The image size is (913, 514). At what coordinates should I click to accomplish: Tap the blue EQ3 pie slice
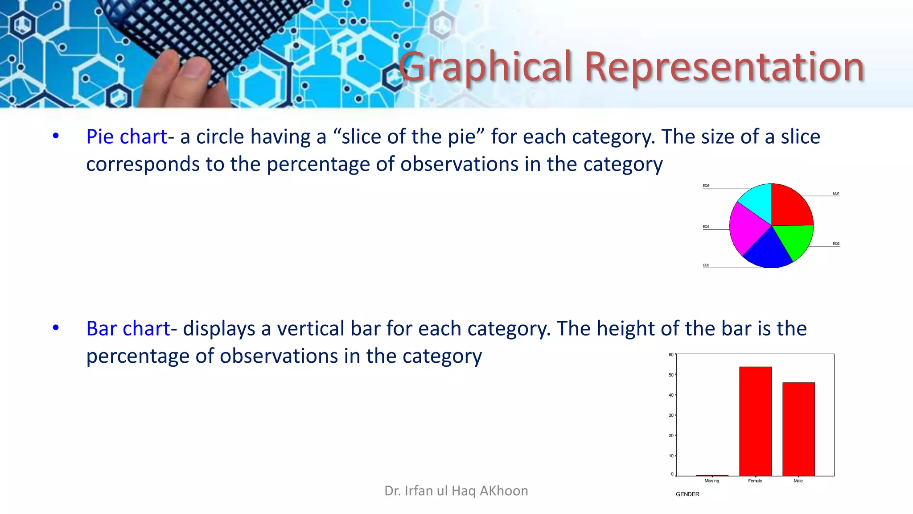point(768,252)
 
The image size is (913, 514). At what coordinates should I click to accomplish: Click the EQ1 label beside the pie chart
point(836,194)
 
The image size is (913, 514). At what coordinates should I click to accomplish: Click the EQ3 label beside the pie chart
point(706,265)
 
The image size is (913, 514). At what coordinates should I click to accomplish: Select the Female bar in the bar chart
point(755,421)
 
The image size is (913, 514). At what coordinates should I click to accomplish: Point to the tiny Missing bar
point(712,476)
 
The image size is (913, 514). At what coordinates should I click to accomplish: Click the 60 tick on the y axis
point(671,355)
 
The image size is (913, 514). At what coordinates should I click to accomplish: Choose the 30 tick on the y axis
point(671,415)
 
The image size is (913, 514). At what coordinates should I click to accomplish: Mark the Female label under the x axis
point(755,481)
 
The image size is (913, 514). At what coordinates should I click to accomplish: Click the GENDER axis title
point(687,494)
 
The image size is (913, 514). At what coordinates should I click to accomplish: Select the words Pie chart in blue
point(127,137)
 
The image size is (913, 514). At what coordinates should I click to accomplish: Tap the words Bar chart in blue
point(128,329)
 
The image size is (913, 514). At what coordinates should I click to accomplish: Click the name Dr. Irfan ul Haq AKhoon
point(456,491)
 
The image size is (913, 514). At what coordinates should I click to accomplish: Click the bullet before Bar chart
point(56,328)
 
